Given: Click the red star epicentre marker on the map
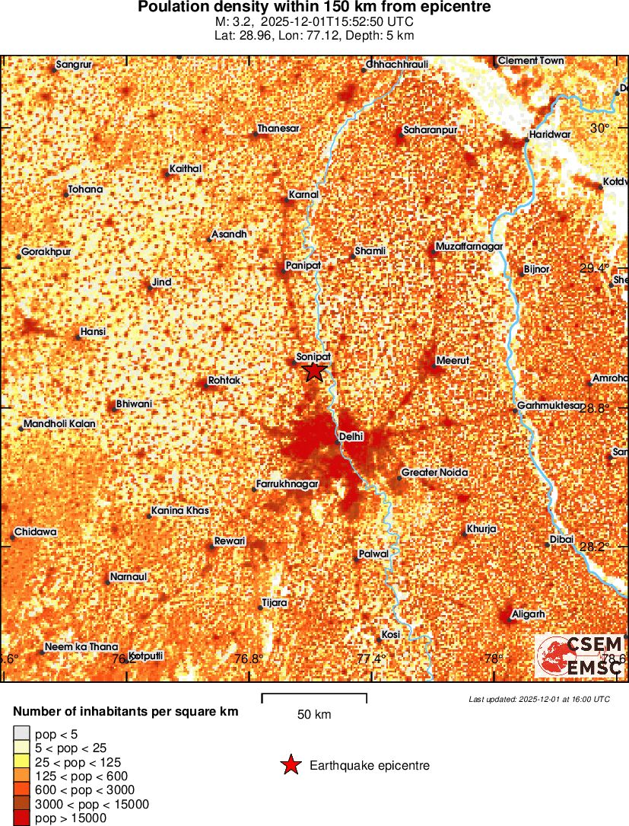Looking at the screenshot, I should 314,372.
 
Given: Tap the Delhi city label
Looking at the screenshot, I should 352,436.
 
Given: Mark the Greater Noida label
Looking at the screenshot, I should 434,473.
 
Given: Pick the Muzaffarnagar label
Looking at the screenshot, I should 469,247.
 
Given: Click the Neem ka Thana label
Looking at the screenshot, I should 81,647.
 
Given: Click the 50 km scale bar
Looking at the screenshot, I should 314,696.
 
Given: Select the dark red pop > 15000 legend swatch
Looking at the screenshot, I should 21,818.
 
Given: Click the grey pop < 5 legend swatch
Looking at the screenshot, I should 21,735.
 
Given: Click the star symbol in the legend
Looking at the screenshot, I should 290,766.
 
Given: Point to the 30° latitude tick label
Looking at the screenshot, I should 600,128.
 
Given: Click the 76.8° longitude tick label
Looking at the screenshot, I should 249,659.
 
